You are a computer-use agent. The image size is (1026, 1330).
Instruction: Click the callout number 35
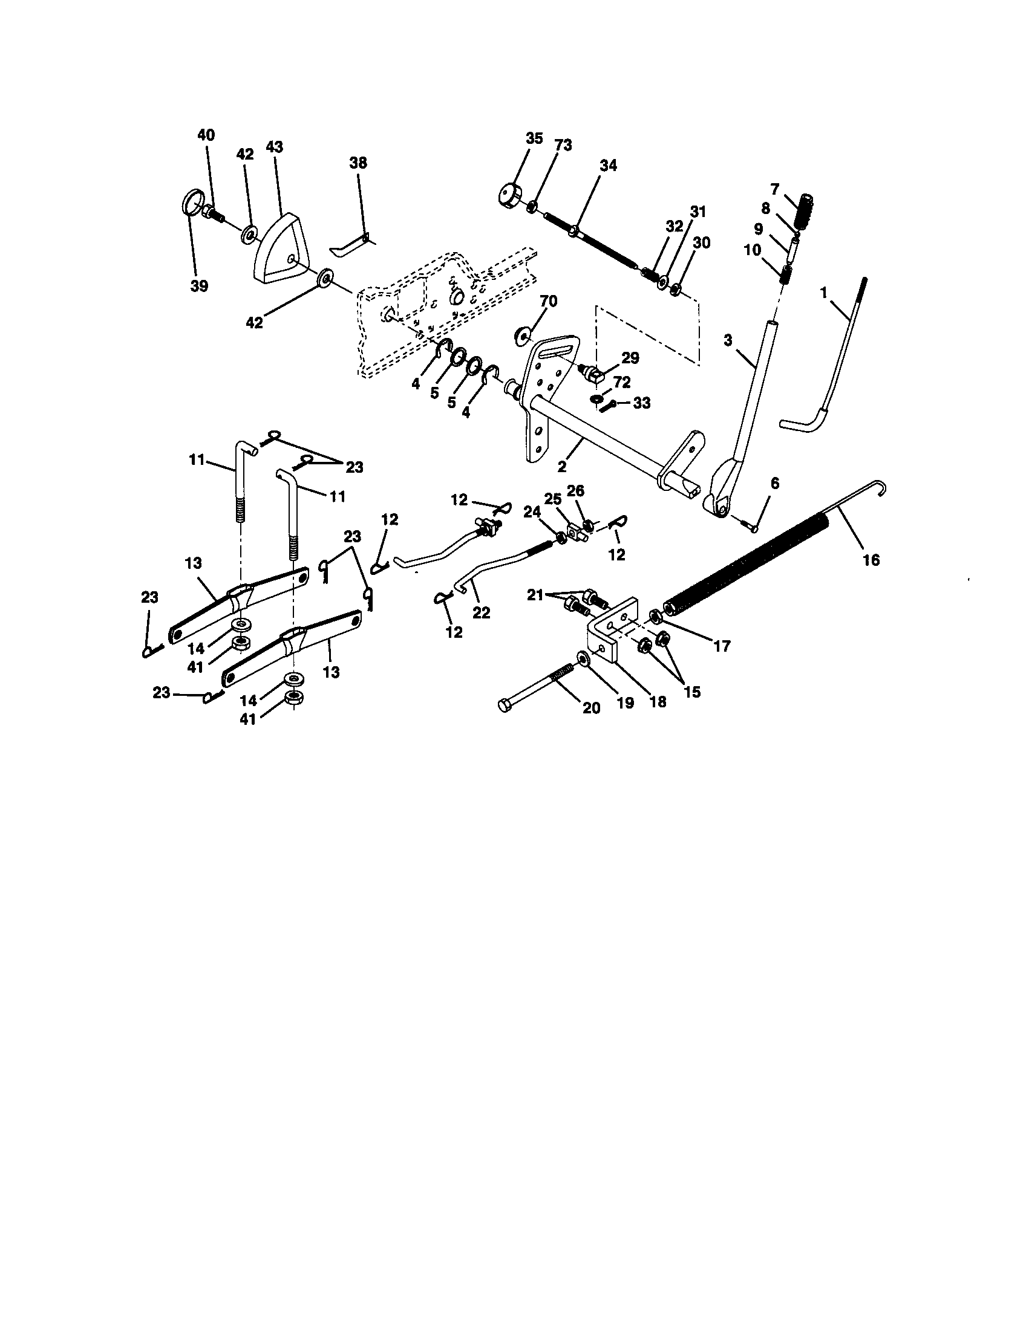click(x=534, y=138)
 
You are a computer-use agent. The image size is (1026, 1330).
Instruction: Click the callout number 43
click(x=274, y=147)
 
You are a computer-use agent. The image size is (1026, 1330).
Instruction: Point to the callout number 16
click(x=871, y=560)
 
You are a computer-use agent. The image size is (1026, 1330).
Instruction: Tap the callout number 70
click(x=548, y=302)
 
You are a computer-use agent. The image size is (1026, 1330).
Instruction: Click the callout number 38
click(x=358, y=163)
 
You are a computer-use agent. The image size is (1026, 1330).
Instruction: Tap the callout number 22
click(x=482, y=612)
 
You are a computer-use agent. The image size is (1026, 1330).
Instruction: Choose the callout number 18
click(x=658, y=701)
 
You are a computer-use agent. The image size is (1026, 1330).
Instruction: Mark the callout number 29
click(x=630, y=358)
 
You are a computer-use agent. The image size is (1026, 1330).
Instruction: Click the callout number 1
click(x=824, y=293)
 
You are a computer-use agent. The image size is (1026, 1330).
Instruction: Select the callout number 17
click(x=721, y=646)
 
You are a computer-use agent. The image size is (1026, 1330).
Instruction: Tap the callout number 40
click(x=206, y=135)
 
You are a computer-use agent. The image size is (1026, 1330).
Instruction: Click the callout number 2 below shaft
click(x=562, y=467)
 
